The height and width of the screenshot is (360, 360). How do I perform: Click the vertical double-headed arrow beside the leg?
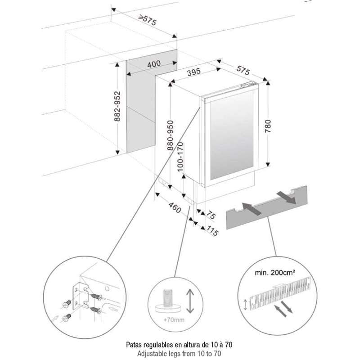pos(189,301)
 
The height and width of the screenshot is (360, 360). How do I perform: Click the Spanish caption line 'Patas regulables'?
pos(180,345)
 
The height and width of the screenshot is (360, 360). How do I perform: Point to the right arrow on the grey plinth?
pos(286,197)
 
